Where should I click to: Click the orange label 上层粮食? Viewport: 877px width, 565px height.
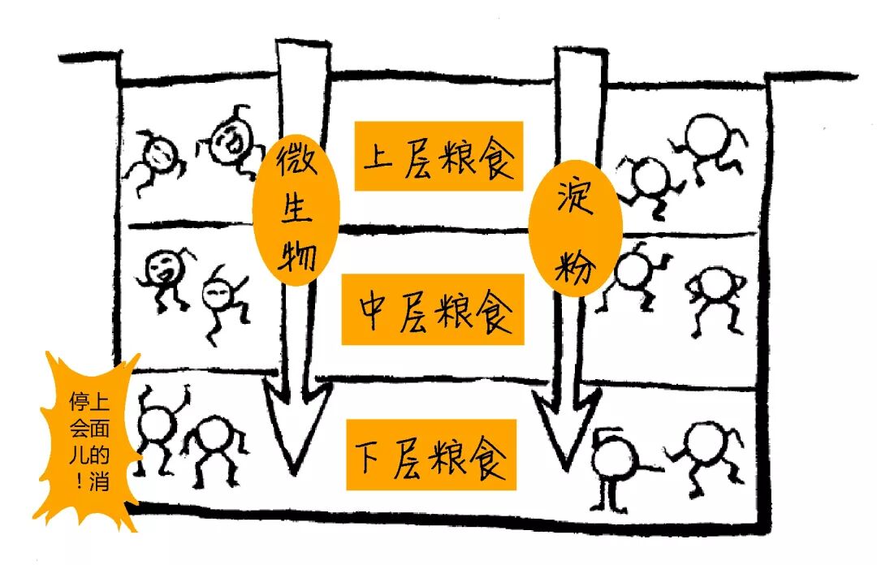point(438,156)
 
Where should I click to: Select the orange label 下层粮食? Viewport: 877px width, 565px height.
point(431,455)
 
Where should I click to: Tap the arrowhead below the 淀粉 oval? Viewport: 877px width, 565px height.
point(565,434)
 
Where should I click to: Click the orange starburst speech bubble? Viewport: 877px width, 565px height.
point(89,438)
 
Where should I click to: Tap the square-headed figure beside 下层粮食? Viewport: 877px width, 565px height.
point(615,459)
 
